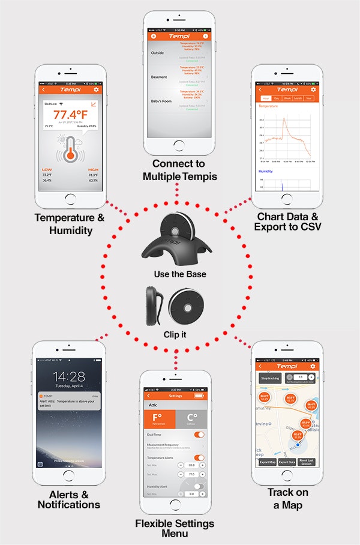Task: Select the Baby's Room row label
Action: pyautogui.click(x=161, y=101)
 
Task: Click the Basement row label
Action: pyautogui.click(x=158, y=77)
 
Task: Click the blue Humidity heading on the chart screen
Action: pyautogui.click(x=266, y=171)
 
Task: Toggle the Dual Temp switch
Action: pyautogui.click(x=199, y=434)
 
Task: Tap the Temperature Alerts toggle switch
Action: pyautogui.click(x=199, y=458)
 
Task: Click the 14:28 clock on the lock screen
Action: pyautogui.click(x=68, y=376)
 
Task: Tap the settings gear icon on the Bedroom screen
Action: pyautogui.click(x=96, y=90)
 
